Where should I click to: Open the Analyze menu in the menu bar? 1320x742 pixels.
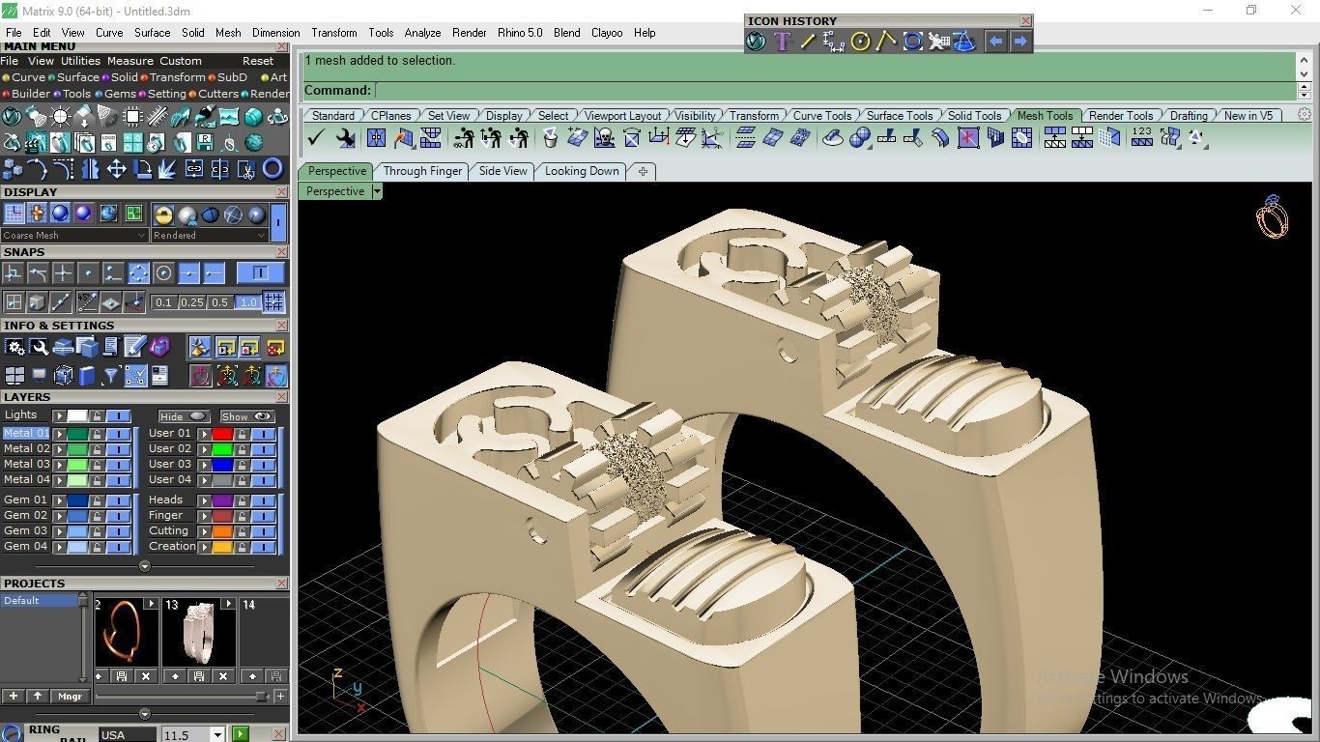pos(422,33)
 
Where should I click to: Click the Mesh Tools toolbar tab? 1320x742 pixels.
pos(1045,116)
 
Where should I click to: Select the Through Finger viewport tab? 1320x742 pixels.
pos(422,171)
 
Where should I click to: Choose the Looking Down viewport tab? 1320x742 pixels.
pos(582,171)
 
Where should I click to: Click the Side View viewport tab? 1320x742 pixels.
pos(503,171)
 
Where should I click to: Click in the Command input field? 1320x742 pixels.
pos(831,91)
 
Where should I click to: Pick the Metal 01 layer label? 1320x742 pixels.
pos(26,433)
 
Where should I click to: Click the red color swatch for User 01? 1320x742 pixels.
pos(222,434)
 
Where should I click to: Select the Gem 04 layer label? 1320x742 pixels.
pos(25,546)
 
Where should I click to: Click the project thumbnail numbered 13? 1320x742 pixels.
pos(199,635)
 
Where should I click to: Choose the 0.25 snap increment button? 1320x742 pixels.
pos(192,302)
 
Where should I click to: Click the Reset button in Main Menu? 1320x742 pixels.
pos(258,61)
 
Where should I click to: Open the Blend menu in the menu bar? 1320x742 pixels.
pos(566,33)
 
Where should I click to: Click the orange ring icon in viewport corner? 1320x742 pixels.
pos(1272,217)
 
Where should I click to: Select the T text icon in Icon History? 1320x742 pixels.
pos(782,42)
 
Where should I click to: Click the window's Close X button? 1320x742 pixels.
pos(1296,11)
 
